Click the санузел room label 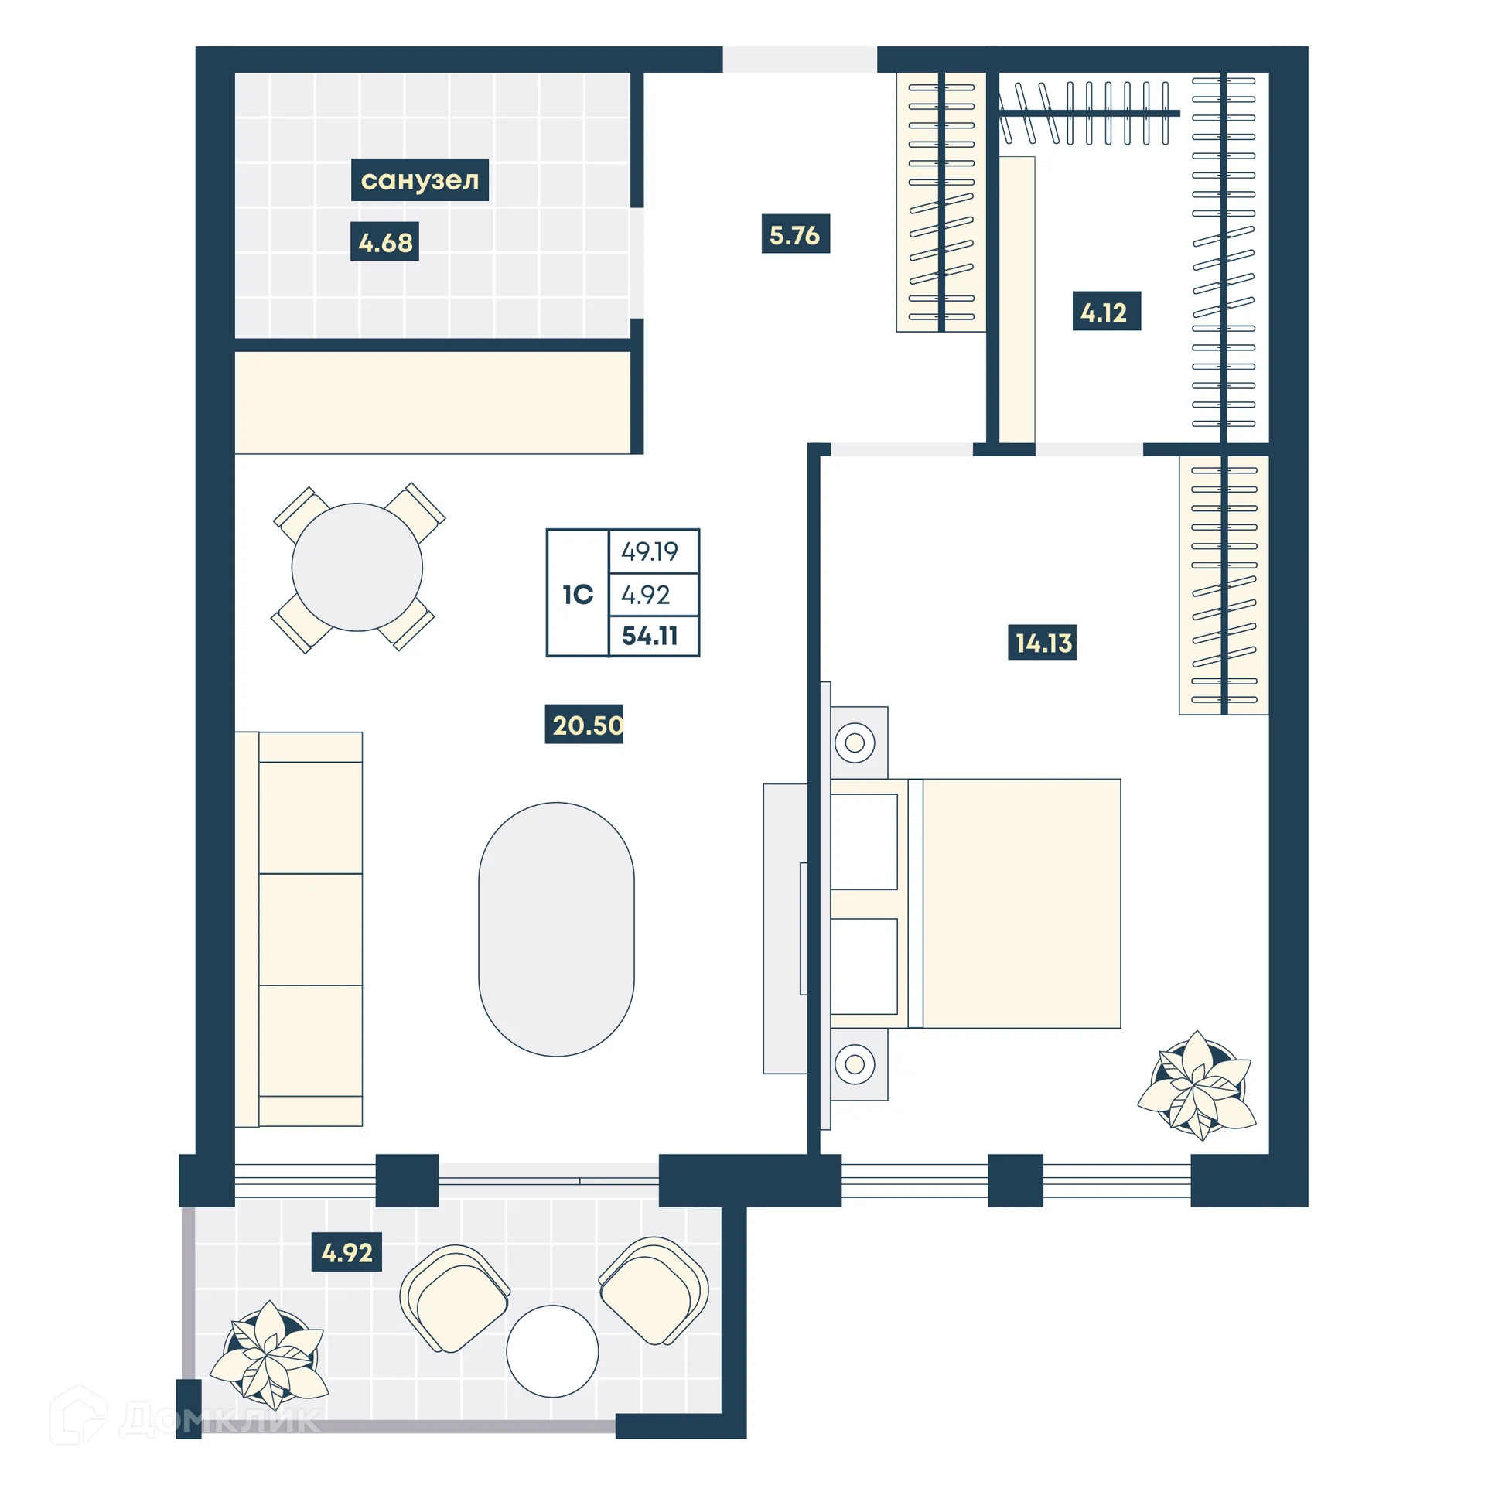[419, 179]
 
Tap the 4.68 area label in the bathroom [384, 242]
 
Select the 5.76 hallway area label [795, 234]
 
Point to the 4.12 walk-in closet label [1106, 312]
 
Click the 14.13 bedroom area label [1042, 642]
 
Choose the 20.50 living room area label [585, 725]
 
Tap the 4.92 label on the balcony [346, 1252]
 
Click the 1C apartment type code [577, 594]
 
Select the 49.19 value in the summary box [650, 551]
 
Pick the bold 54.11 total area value [650, 636]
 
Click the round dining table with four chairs [357, 567]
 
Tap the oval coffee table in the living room [556, 928]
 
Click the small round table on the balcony [552, 1350]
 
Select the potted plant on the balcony [269, 1354]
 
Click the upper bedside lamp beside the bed [855, 742]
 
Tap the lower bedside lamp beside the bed [855, 1064]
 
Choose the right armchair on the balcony [654, 1292]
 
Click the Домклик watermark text [220, 1420]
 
